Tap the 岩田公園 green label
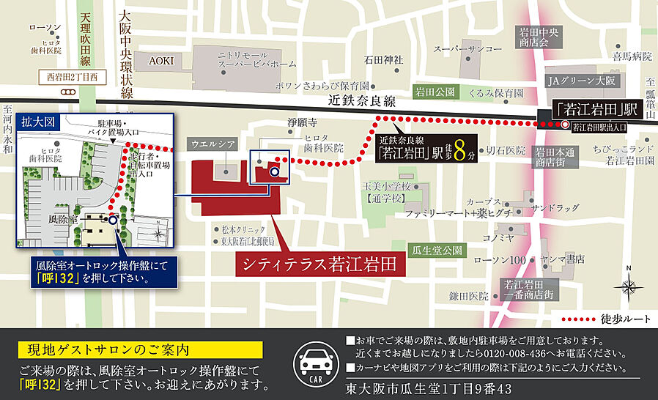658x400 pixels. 434,92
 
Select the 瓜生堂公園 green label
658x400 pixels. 438,250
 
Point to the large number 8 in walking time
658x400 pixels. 459,153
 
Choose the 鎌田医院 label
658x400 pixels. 468,295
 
